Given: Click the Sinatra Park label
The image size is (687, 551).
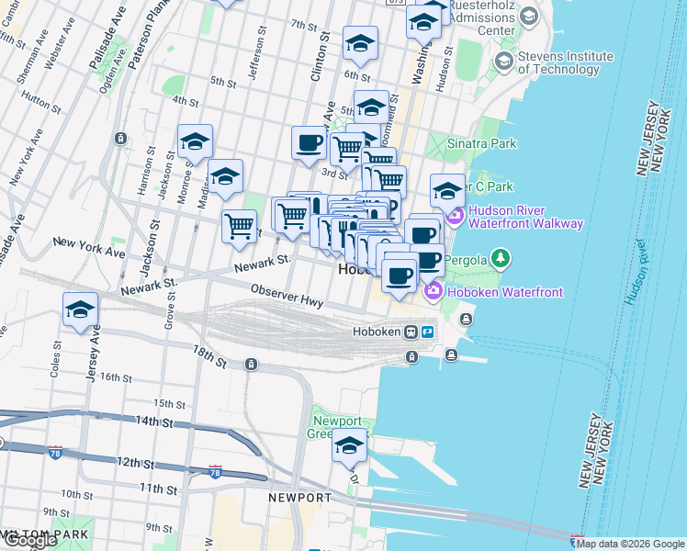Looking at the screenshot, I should click(x=481, y=143).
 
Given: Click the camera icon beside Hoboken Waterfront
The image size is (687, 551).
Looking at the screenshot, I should click(x=432, y=292).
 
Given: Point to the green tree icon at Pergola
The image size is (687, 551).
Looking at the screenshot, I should click(x=501, y=259).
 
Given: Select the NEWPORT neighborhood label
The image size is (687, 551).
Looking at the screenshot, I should click(x=299, y=498).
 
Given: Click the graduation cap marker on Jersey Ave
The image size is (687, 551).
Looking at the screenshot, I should click(x=81, y=309).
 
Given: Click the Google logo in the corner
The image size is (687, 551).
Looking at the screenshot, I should click(x=30, y=540).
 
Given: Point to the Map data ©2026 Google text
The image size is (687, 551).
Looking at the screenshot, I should click(x=630, y=544).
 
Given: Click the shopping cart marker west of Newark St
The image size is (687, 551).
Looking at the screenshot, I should click(x=239, y=225).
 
